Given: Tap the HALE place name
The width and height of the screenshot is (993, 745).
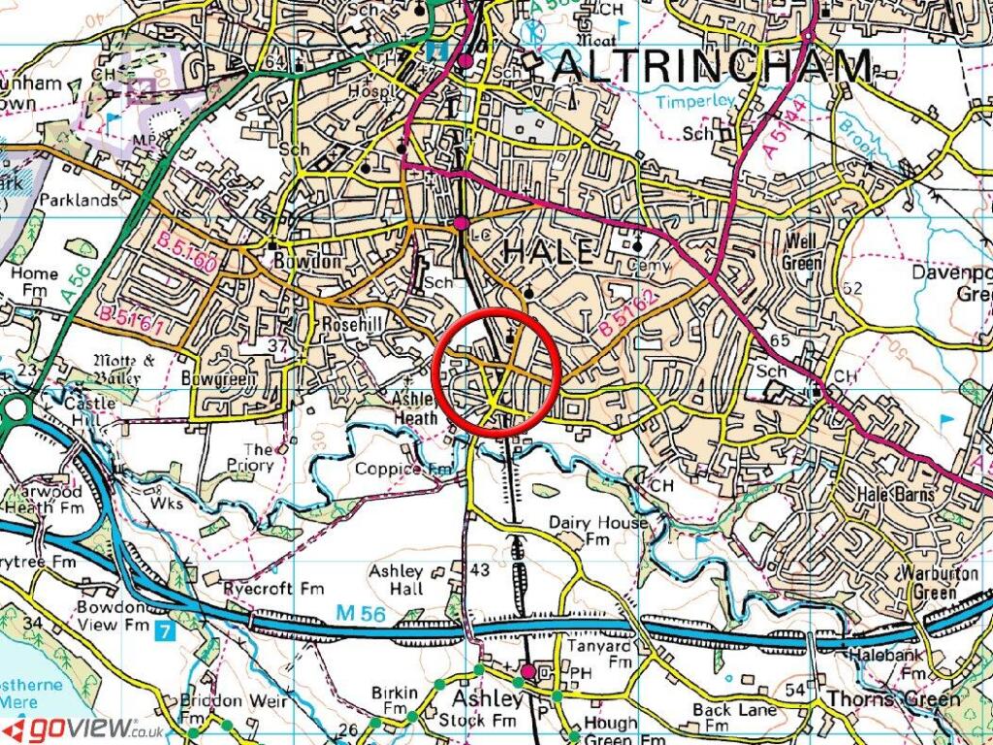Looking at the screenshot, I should point(547,252).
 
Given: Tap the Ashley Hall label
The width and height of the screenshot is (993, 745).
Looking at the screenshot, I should point(396,581).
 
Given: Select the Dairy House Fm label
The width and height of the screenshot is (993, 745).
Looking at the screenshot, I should point(597,531).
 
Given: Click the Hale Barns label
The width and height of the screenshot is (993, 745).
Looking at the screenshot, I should point(895,494).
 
